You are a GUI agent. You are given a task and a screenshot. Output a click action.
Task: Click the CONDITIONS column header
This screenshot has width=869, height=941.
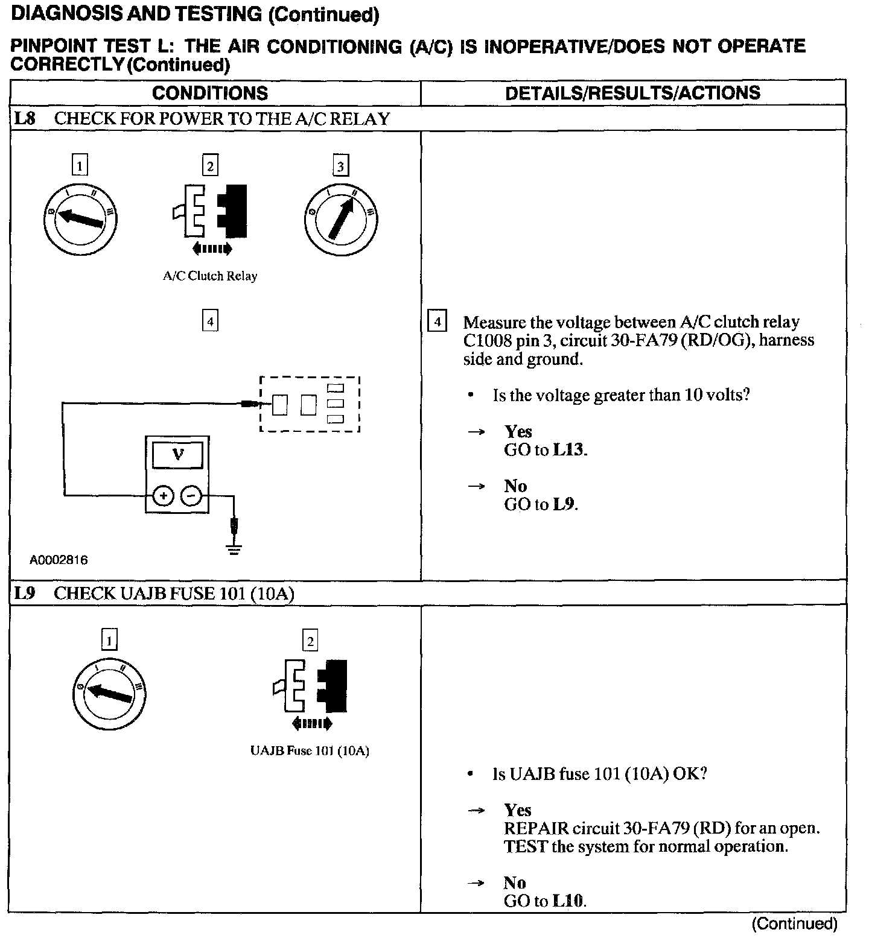pyautogui.click(x=210, y=93)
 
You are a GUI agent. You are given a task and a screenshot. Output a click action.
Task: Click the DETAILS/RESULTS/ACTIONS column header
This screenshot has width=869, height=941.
pyautogui.click(x=632, y=93)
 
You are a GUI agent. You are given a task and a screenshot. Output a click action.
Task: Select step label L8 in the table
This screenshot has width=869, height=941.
pyautogui.click(x=25, y=119)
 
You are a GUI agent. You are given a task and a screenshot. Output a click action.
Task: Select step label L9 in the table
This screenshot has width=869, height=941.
pyautogui.click(x=25, y=594)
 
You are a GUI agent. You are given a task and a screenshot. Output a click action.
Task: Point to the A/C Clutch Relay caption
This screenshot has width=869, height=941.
pyautogui.click(x=210, y=276)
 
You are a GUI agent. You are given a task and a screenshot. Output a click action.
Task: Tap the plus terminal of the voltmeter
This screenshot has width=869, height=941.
pyautogui.click(x=163, y=496)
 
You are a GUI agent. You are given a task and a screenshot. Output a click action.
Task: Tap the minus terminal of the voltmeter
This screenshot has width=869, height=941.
pyautogui.click(x=191, y=496)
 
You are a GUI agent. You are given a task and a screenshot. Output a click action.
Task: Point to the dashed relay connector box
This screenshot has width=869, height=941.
pyautogui.click(x=310, y=404)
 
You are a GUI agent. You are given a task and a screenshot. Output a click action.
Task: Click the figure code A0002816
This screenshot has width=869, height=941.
pyautogui.click(x=59, y=560)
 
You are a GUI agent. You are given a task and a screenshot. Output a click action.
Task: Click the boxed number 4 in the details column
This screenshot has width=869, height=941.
pyautogui.click(x=437, y=321)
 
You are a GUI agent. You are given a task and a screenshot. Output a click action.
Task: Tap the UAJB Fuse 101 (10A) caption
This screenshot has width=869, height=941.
pyautogui.click(x=310, y=751)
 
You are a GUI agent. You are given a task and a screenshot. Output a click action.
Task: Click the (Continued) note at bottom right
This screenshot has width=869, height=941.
pyautogui.click(x=794, y=924)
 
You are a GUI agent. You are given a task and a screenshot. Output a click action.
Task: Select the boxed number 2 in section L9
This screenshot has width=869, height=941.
pyautogui.click(x=310, y=641)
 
